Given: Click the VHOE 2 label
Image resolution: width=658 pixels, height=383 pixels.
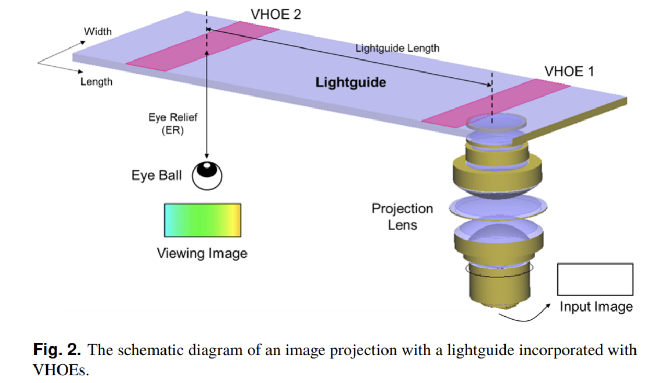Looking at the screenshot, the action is (276, 15).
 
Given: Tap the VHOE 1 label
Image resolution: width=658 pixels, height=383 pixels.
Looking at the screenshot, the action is (569, 71).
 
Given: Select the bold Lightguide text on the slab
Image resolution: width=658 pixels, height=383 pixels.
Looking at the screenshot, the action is (351, 82).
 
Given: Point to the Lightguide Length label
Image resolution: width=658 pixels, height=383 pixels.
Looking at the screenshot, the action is (397, 48).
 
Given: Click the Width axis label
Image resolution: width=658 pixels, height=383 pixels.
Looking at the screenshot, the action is (98, 31).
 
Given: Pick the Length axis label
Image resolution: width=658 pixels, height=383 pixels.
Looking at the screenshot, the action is (96, 81).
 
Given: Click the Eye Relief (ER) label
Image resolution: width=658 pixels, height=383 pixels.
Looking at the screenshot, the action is (173, 124).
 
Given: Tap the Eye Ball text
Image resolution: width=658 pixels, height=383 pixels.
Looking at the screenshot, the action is (156, 175).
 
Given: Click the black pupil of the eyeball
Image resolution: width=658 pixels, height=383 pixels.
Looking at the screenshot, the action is (207, 170).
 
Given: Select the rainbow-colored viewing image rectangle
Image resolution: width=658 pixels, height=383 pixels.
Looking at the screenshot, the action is (203, 220).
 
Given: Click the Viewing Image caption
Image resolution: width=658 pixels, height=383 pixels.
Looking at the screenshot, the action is (202, 253).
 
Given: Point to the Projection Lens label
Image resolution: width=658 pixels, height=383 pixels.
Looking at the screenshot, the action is (402, 217).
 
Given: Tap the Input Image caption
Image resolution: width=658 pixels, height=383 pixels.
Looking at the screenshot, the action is (596, 307).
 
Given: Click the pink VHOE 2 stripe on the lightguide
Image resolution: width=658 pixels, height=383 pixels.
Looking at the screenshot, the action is (203, 46).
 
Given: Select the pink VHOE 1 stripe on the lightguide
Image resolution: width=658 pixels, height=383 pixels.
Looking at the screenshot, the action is (497, 103).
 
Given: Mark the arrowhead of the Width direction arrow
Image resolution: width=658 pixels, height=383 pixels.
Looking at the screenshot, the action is (83, 43).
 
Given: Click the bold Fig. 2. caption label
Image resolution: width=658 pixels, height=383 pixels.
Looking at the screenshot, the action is (57, 349).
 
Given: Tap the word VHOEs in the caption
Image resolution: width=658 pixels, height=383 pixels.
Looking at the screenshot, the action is (61, 370).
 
